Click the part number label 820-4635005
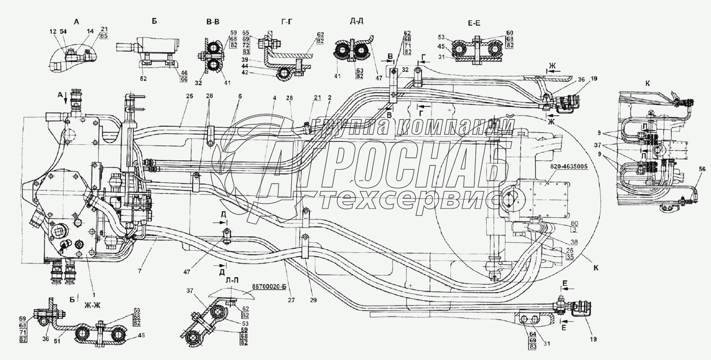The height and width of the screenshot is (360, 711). [569, 166]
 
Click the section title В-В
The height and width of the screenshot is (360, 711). [212, 22]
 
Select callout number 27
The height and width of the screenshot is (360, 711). [291, 300]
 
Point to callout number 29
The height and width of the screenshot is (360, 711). [313, 300]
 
